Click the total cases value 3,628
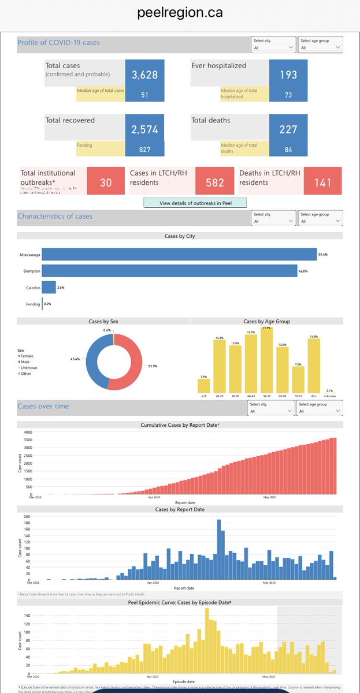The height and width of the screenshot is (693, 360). tap(144, 74)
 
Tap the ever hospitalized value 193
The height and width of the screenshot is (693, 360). tap(288, 74)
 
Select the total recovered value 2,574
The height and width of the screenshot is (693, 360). tap(144, 129)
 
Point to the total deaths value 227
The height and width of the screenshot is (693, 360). tap(288, 129)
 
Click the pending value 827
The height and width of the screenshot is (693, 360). tap(144, 150)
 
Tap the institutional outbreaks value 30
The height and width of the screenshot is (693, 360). tap(106, 182)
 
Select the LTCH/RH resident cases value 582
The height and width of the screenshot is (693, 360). tap(214, 182)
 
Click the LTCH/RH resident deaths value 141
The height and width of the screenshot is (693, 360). tap(322, 182)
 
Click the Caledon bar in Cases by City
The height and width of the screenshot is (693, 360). tap(49, 287)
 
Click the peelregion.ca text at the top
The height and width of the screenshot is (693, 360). tap(180, 13)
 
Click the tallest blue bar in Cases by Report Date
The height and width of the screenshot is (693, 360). tap(219, 549)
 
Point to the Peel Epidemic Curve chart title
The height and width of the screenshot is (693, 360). tap(180, 602)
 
